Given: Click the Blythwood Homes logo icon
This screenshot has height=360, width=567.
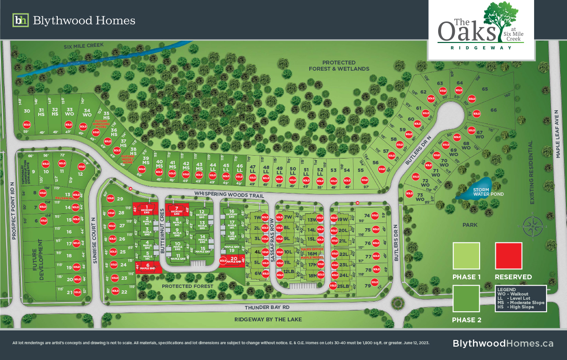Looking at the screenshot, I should point(20,21).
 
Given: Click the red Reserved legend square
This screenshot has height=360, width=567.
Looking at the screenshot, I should point(509,256).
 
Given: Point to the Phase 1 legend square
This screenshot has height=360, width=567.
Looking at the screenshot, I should point(466,256).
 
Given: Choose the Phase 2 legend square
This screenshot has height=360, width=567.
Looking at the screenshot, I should point(466,298).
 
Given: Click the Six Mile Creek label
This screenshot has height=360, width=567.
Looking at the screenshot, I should point(84,46).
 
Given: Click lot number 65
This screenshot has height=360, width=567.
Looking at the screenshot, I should point(485,89).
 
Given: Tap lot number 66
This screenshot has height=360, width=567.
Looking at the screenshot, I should point(493,110).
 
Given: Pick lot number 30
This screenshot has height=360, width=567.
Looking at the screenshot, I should point(27,111).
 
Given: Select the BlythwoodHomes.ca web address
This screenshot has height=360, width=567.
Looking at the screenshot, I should point(503,343).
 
